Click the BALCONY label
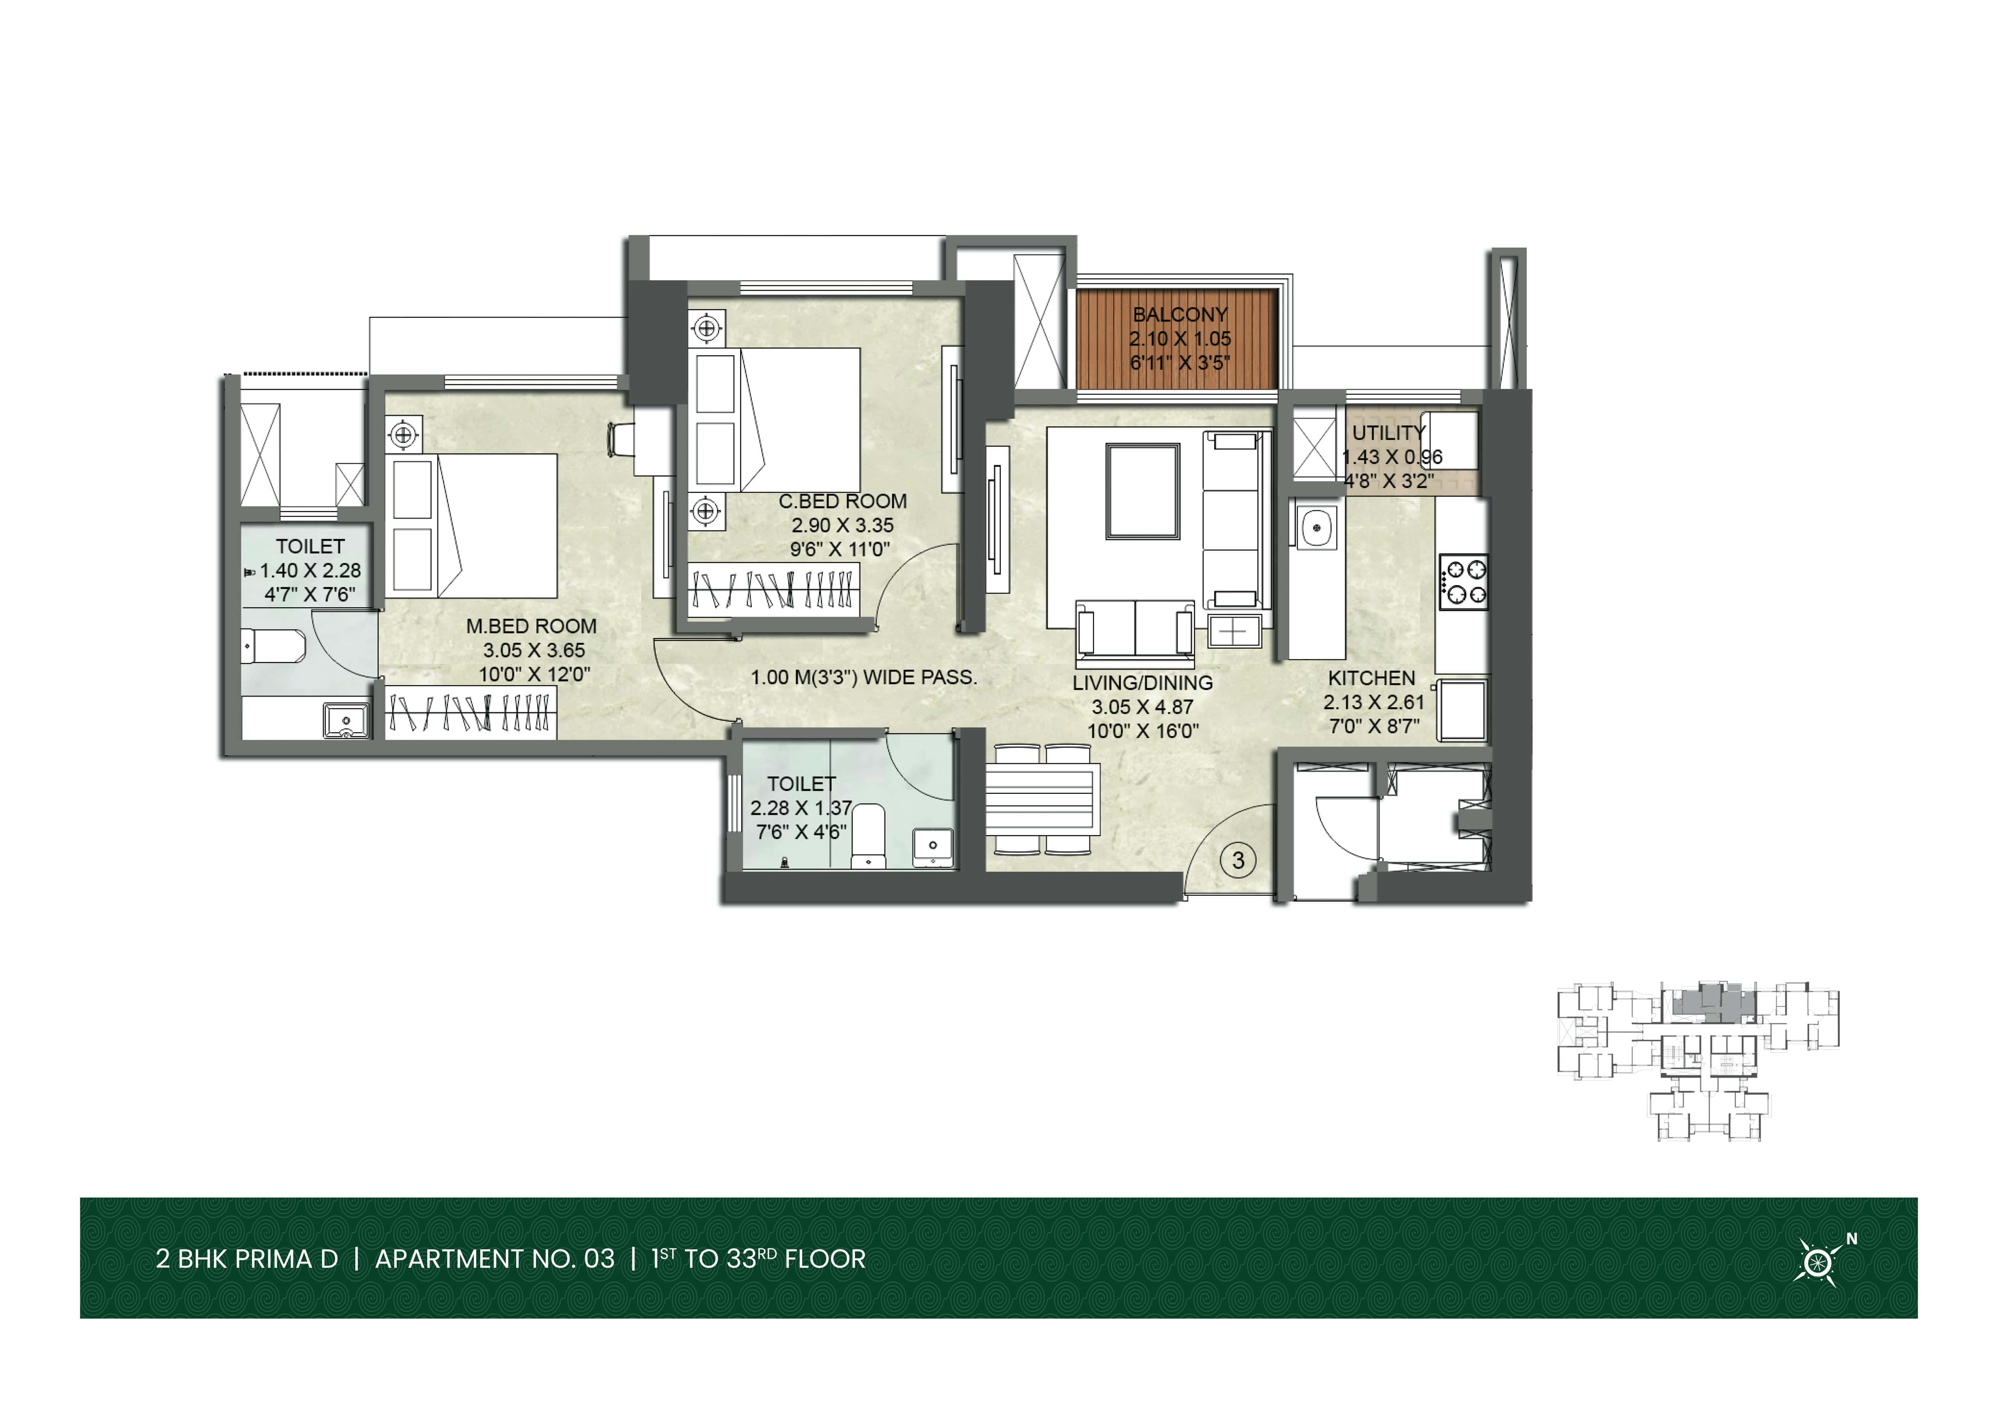coord(1180,314)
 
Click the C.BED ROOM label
coord(843,502)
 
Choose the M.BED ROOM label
coord(531,626)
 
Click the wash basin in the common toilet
coord(933,846)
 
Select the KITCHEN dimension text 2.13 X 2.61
coord(1374,703)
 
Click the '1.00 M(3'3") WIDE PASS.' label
coord(864,677)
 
